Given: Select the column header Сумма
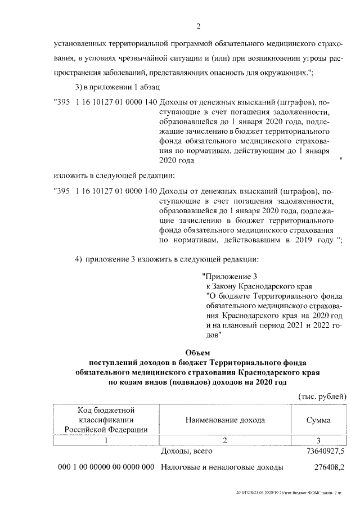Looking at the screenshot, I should coord(318,420).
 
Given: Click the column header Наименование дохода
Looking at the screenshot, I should coord(224,420).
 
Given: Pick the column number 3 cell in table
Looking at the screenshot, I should coord(318,440).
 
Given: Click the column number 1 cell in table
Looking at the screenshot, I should coord(106,440).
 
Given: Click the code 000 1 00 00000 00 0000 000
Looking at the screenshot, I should coord(106,467).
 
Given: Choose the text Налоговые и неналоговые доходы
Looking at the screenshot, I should coord(222,467).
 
